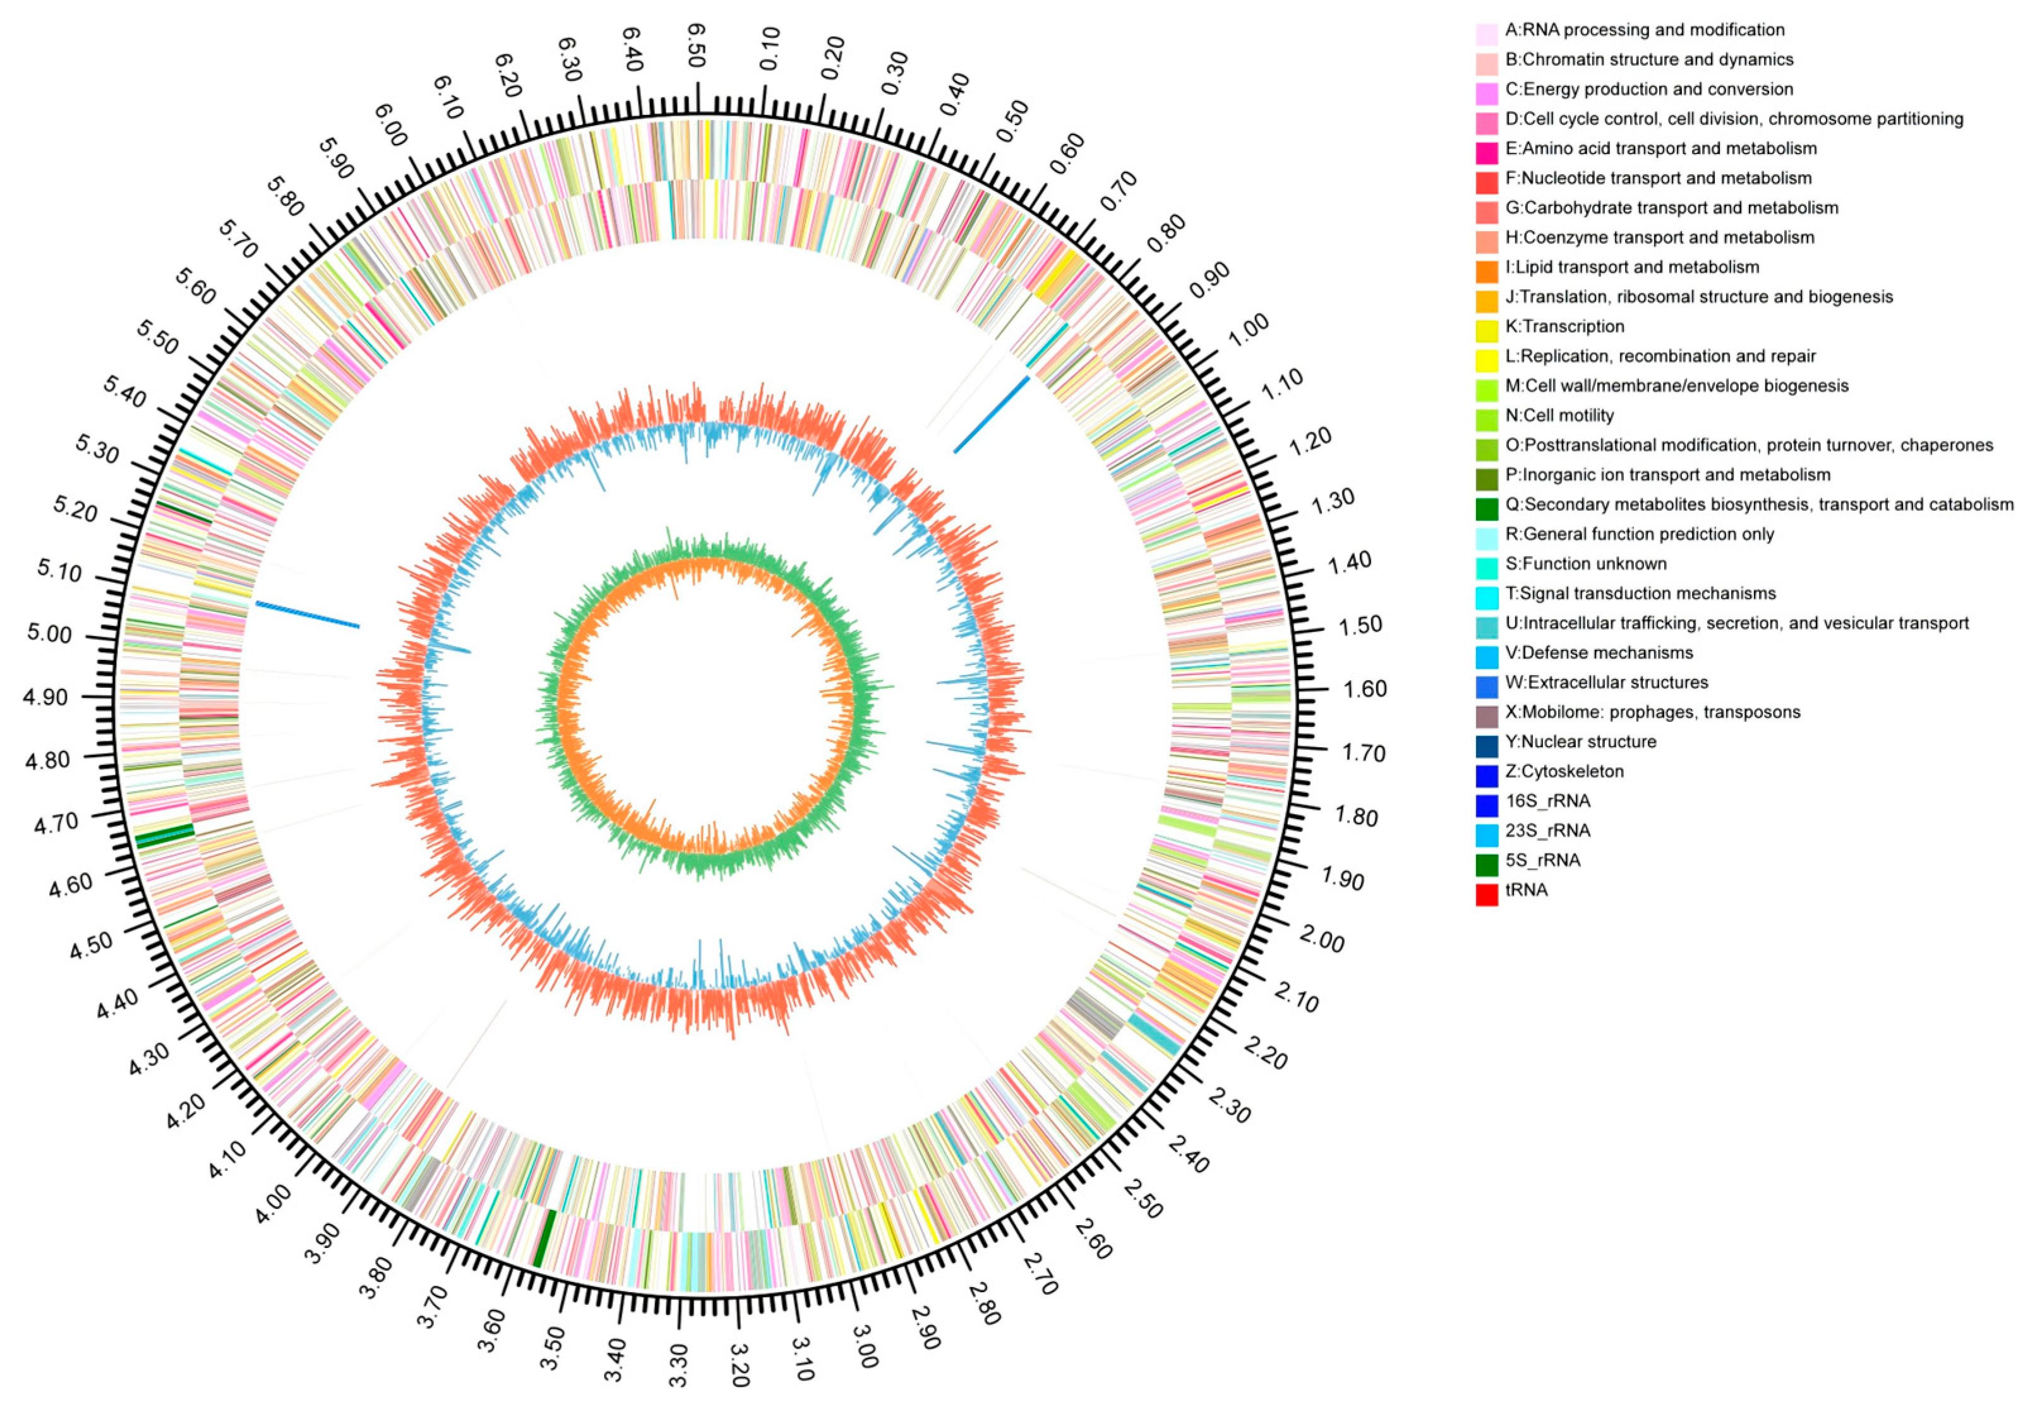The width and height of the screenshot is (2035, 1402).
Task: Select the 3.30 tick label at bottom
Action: coord(679,1364)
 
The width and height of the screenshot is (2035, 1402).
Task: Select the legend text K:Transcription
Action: coord(1564,326)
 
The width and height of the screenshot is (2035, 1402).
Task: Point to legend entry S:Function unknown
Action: coord(1585,563)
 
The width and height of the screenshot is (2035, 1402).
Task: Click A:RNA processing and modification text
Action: coord(1644,30)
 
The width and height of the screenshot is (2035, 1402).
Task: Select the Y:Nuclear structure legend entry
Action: coord(1580,741)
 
